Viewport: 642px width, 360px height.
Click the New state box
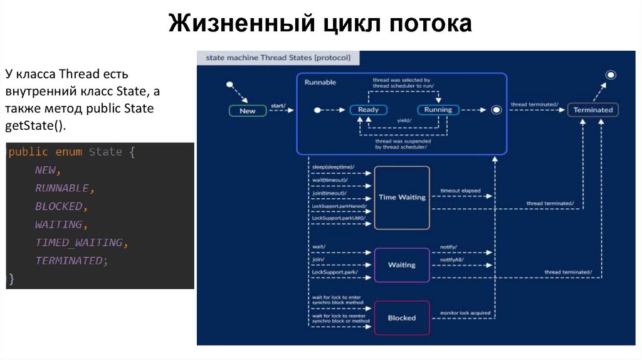248,111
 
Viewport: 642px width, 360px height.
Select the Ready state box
368,110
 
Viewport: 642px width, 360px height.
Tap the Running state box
438,110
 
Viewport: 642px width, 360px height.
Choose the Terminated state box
592,110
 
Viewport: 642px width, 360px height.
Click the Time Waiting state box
402,197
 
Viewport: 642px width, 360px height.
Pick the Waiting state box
402,265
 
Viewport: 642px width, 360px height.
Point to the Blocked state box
402,318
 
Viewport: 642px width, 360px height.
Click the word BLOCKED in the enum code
59,206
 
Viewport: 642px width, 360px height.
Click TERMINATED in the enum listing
68,260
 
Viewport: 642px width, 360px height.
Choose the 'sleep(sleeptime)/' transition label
333,167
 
